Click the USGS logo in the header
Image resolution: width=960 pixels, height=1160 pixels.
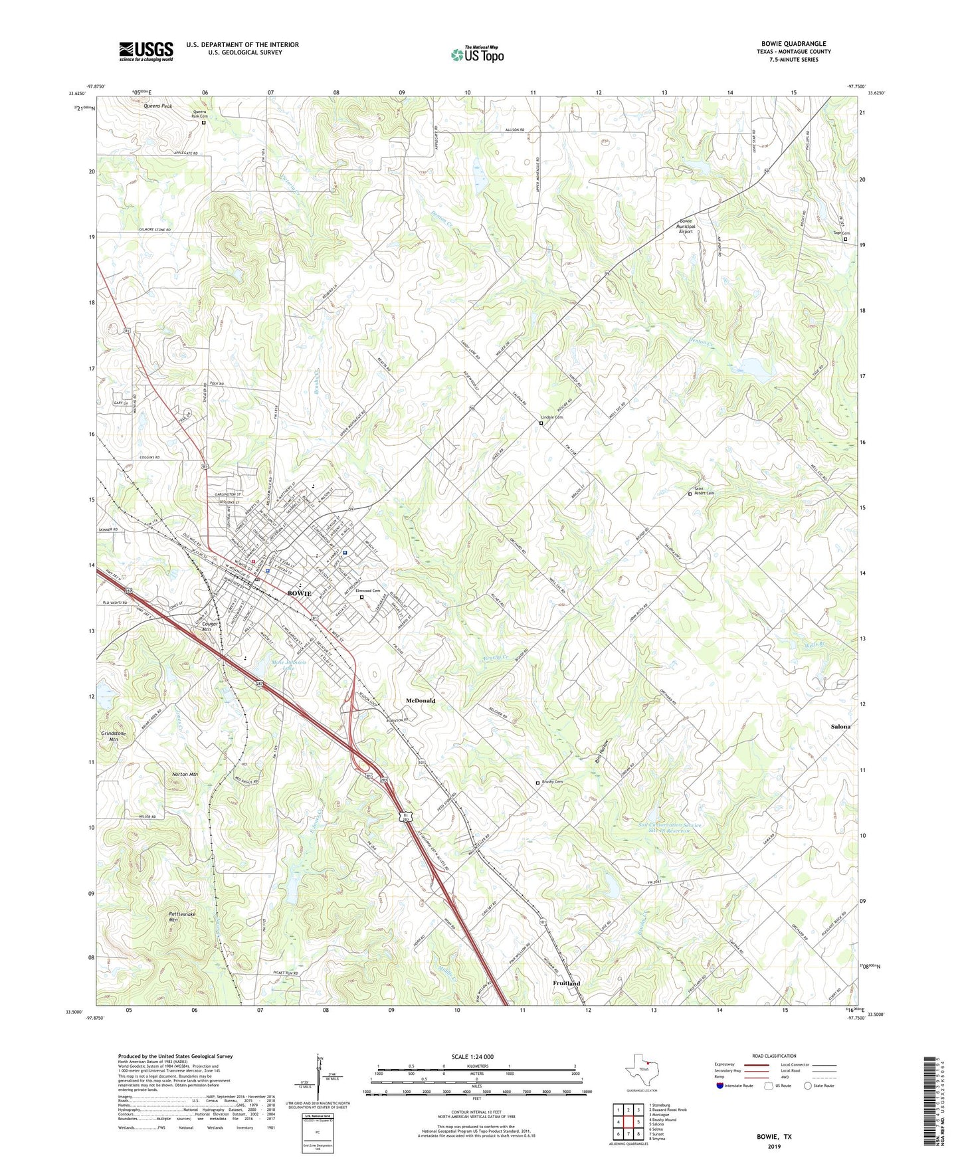point(146,51)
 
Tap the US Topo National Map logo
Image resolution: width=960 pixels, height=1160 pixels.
point(477,54)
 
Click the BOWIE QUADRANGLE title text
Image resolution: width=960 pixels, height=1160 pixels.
point(794,43)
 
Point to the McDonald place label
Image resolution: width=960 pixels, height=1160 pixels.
point(421,701)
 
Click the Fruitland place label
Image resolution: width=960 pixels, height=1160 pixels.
point(567,983)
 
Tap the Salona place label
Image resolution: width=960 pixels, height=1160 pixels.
point(840,727)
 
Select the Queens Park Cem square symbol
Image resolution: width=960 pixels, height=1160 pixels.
point(204,122)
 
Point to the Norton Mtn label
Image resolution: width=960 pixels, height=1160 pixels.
point(185,775)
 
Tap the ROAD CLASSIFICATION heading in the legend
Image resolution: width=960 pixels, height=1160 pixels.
point(774,1056)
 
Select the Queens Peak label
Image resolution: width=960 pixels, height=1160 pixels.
point(157,106)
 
